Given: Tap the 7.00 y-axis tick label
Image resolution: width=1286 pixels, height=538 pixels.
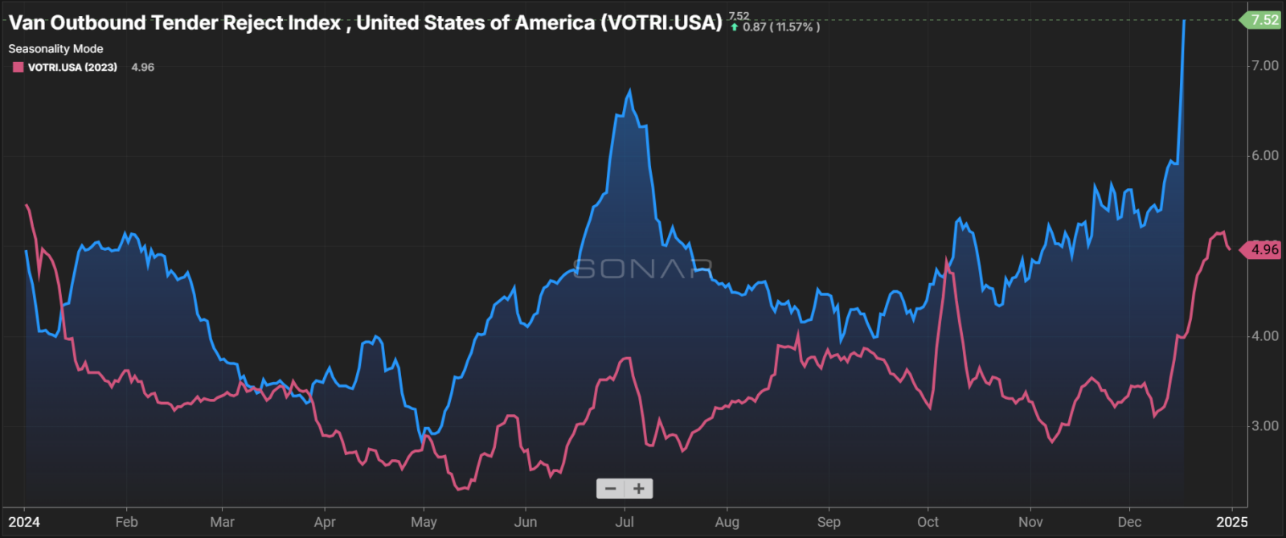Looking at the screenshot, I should pos(1264,66).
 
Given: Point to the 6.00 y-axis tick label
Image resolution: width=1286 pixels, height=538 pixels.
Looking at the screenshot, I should pos(1264,156).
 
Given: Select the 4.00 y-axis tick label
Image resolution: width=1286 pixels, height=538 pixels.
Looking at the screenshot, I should pos(1264,336).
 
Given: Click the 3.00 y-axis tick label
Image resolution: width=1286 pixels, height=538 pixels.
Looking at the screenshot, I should pos(1264,426).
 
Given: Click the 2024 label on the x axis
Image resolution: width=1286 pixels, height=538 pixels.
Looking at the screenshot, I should pos(24,522).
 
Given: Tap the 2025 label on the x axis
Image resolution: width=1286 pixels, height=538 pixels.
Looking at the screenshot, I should pos(1231,522).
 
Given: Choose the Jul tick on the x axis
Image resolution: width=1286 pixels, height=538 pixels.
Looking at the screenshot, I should pos(625,522).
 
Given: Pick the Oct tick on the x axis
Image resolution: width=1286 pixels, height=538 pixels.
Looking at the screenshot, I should pos(928,522).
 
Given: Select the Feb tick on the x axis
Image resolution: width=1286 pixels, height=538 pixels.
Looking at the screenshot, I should pos(126,522).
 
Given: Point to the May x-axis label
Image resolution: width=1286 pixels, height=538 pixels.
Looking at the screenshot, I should pos(424,522).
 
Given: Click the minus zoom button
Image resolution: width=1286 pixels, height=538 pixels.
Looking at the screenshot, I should pos(611,488).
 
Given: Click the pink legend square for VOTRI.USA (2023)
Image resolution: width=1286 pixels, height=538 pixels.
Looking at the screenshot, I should pos(18,68).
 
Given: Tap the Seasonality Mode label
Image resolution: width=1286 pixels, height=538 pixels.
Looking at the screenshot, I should pos(55,49).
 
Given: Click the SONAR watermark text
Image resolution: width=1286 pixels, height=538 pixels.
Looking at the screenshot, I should pos(642,269).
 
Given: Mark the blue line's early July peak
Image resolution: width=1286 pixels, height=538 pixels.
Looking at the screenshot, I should pos(629,92).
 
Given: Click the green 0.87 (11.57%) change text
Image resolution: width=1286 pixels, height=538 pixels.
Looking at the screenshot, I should pos(780,27).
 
